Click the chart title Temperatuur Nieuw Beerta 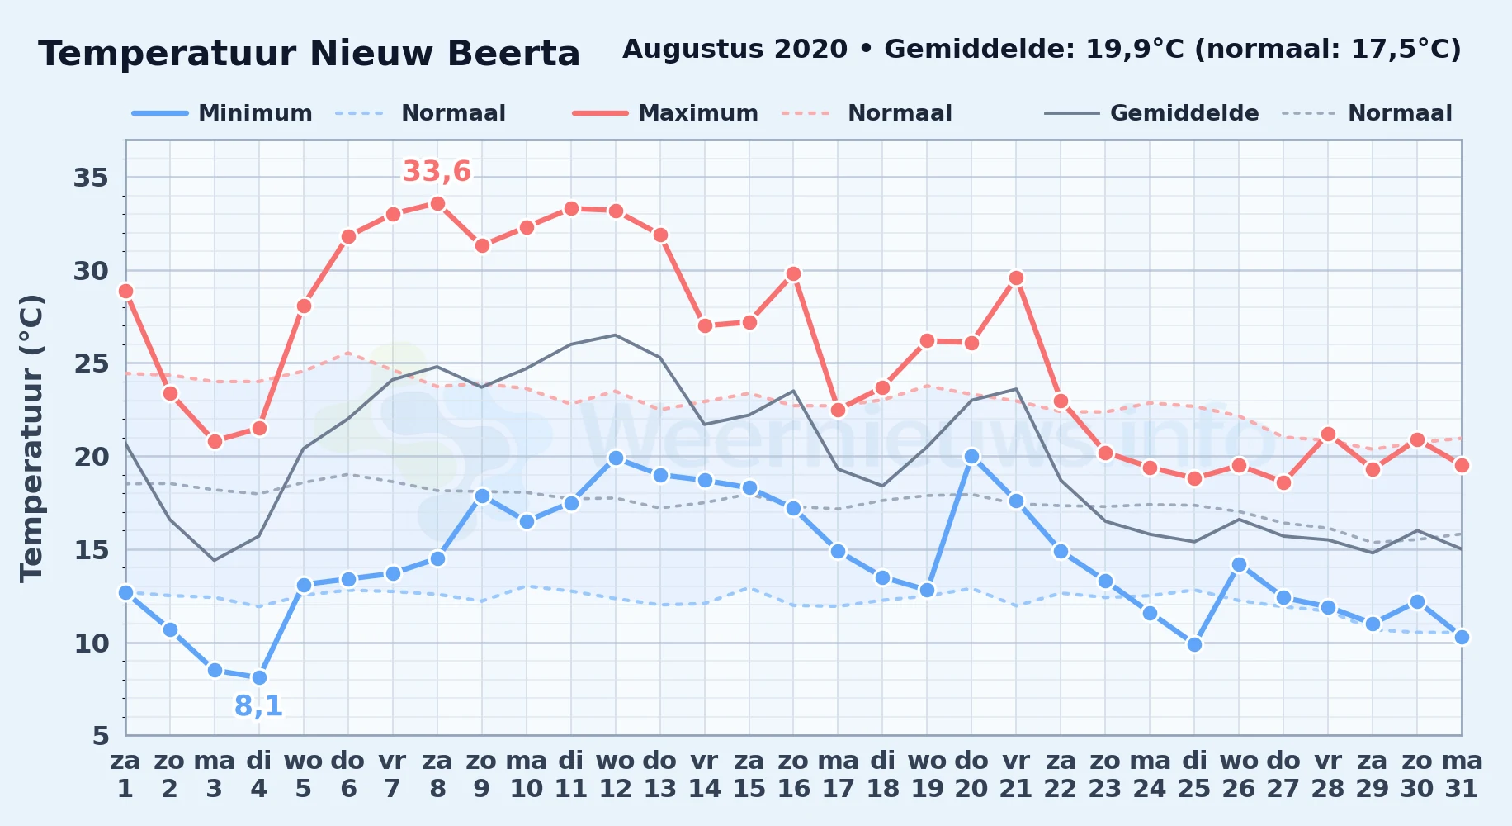pyautogui.click(x=309, y=54)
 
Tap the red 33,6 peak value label pyautogui.click(x=437, y=172)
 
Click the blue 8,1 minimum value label pyautogui.click(x=259, y=706)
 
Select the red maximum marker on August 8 pyautogui.click(x=437, y=203)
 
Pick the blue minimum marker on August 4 pyautogui.click(x=259, y=677)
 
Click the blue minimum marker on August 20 pyautogui.click(x=971, y=456)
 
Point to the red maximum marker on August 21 pyautogui.click(x=1016, y=278)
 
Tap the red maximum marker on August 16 pyautogui.click(x=793, y=273)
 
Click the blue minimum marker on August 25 pyautogui.click(x=1194, y=644)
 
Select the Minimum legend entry pyautogui.click(x=223, y=113)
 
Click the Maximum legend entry pyautogui.click(x=666, y=113)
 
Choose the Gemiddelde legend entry pyautogui.click(x=1152, y=113)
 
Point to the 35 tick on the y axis pyautogui.click(x=91, y=178)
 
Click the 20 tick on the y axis pyautogui.click(x=91, y=457)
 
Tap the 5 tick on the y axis pyautogui.click(x=100, y=736)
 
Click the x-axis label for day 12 pyautogui.click(x=615, y=774)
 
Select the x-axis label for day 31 pyautogui.click(x=1462, y=774)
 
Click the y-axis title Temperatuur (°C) pyautogui.click(x=32, y=438)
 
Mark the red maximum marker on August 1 pyautogui.click(x=125, y=291)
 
